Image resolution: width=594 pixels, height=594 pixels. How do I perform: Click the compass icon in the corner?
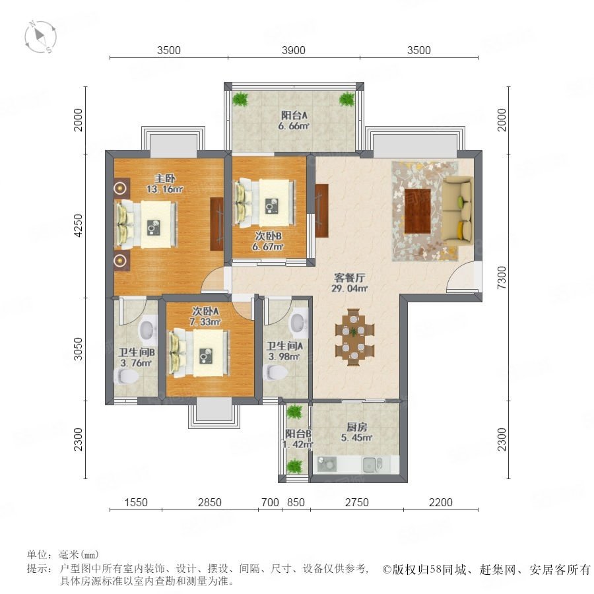[40, 37]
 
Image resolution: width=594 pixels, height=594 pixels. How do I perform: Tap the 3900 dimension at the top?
[294, 50]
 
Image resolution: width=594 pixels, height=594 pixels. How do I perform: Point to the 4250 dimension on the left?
[78, 226]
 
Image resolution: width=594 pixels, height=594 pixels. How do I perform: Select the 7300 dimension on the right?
[502, 278]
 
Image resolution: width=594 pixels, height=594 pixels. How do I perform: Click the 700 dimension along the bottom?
[270, 502]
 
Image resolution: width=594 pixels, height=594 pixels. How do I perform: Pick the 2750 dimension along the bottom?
[357, 502]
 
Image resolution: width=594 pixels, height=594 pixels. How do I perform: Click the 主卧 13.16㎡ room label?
[165, 183]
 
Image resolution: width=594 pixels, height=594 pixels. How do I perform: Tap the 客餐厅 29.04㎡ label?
[350, 283]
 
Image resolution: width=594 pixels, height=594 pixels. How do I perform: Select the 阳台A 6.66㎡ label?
[294, 121]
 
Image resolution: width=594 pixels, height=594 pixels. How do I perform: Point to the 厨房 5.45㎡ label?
[357, 432]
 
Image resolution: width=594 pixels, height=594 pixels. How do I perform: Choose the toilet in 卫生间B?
[126, 377]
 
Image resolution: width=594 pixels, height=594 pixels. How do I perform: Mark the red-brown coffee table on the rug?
[418, 211]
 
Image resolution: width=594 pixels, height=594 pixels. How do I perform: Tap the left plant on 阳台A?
[240, 99]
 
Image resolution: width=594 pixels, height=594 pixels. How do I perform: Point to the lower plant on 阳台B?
[294, 466]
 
